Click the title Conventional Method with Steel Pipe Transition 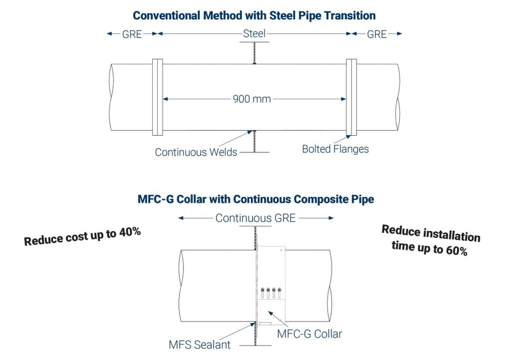(254, 15)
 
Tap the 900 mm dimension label (252, 99)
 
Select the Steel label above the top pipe (254, 34)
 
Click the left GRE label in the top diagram (132, 34)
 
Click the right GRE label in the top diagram (376, 34)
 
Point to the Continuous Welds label (196, 152)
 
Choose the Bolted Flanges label (335, 149)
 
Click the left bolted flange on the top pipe (158, 98)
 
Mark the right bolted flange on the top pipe (351, 98)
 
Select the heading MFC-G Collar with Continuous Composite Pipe (256, 199)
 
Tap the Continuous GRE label (256, 218)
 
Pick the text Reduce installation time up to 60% (430, 240)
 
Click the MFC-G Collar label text (309, 334)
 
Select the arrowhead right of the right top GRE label (399, 34)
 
